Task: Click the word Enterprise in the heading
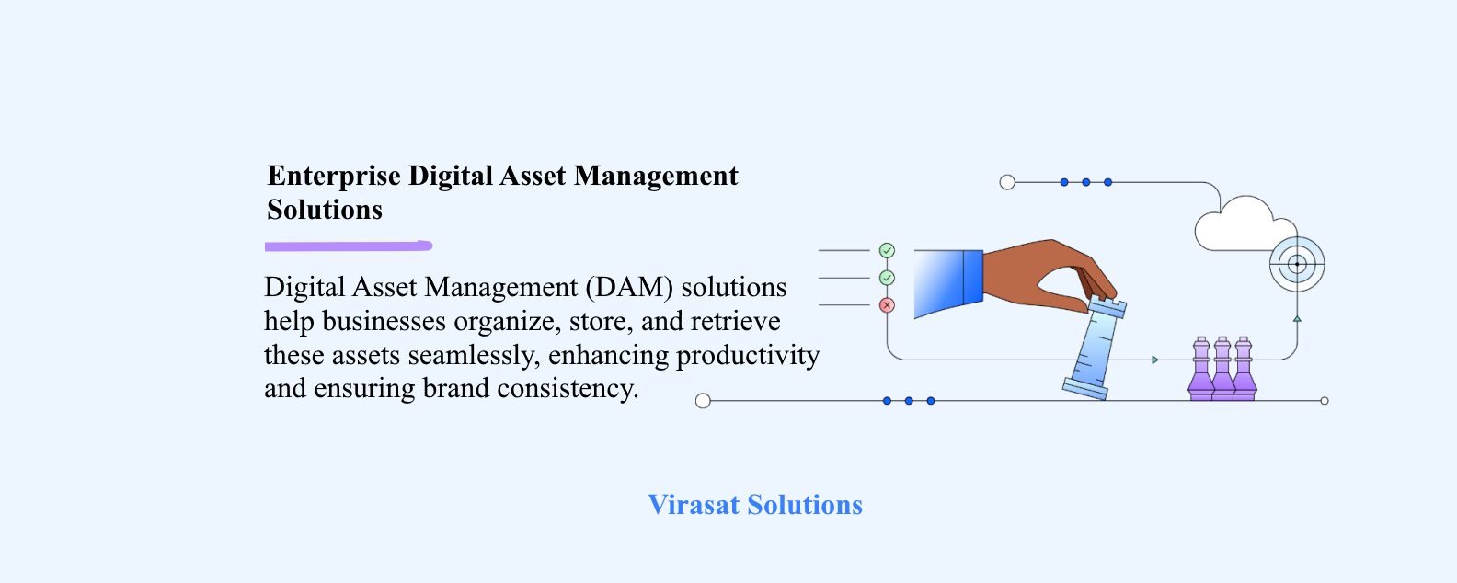coord(334,177)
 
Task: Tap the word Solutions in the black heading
coord(325,210)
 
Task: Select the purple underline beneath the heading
coord(349,246)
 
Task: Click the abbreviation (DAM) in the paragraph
coord(629,287)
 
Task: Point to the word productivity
coord(748,356)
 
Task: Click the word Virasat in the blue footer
coord(694,505)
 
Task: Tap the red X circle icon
coord(887,304)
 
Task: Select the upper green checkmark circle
coord(887,250)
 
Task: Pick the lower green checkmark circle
coord(887,279)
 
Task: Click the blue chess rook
coord(1095,348)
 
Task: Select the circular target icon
coord(1297,264)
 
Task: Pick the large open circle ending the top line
coord(1007,183)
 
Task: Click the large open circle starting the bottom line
coord(703,401)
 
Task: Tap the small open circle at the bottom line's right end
coord(1325,401)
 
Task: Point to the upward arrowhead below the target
coord(1297,318)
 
